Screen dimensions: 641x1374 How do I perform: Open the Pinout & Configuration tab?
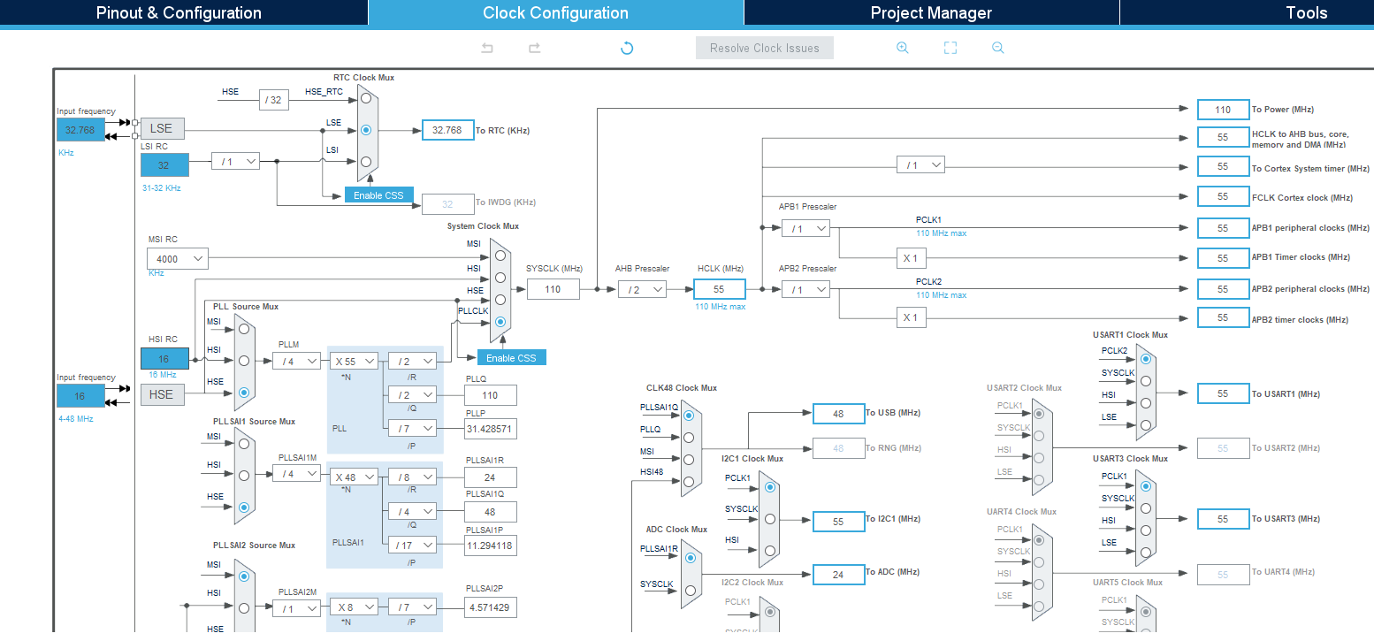pyautogui.click(x=179, y=12)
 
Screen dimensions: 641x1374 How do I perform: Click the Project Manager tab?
pyautogui.click(x=931, y=12)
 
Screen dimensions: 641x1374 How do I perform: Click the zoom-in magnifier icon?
pyautogui.click(x=902, y=48)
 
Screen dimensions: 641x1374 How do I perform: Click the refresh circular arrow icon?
pyautogui.click(x=627, y=48)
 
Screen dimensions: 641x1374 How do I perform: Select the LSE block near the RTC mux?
pyautogui.click(x=162, y=129)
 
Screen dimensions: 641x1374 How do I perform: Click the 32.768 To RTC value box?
pyautogui.click(x=447, y=130)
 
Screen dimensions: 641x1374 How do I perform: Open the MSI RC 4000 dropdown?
pyautogui.click(x=178, y=258)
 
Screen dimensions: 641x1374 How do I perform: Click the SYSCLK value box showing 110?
pyautogui.click(x=553, y=289)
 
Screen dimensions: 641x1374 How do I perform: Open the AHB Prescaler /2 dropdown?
pyautogui.click(x=641, y=289)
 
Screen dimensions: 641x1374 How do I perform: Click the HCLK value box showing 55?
pyautogui.click(x=719, y=289)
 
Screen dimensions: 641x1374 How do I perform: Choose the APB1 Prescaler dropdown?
pyautogui.click(x=805, y=228)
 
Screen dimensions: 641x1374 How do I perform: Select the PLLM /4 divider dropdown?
pyautogui.click(x=296, y=361)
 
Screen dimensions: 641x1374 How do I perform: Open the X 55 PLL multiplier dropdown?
pyautogui.click(x=355, y=361)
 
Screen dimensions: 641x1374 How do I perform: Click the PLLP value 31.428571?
pyautogui.click(x=490, y=429)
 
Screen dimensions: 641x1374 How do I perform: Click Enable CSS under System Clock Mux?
pyautogui.click(x=512, y=357)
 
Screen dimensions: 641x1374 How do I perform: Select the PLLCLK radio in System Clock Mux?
pyautogui.click(x=500, y=322)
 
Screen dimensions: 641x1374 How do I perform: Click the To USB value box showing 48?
pyautogui.click(x=838, y=414)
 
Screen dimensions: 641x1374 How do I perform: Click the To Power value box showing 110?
pyautogui.click(x=1223, y=110)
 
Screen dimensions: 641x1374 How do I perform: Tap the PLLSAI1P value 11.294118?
pyautogui.click(x=490, y=546)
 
